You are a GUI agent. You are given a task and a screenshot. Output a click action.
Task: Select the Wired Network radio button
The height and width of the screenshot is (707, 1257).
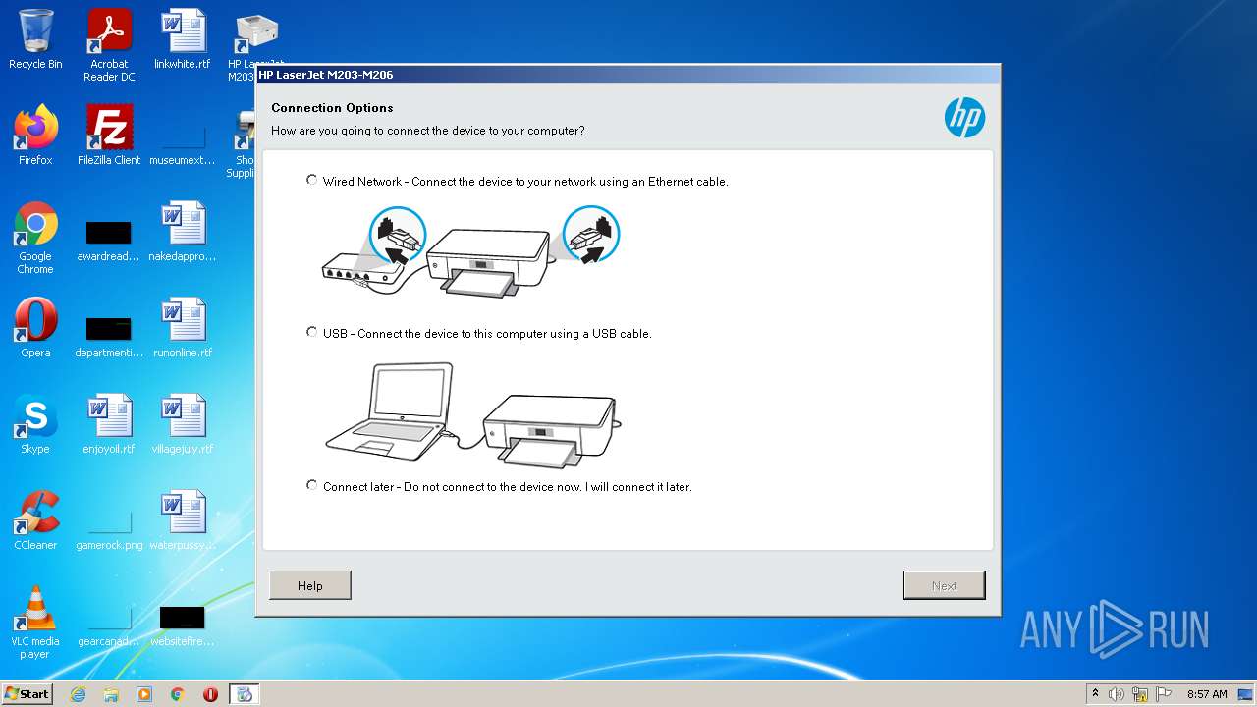(312, 180)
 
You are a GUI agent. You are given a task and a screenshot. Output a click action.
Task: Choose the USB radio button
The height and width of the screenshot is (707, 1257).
(312, 332)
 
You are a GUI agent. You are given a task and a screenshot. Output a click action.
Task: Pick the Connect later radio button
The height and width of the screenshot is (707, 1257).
(312, 485)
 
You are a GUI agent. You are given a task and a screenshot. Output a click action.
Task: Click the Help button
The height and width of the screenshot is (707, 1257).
(309, 585)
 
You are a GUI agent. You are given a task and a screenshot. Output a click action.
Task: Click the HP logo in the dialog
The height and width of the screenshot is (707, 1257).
(964, 118)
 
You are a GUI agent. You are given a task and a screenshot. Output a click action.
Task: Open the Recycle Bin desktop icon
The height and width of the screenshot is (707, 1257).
(35, 33)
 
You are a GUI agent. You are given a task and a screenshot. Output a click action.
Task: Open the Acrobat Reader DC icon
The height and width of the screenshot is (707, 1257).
(109, 33)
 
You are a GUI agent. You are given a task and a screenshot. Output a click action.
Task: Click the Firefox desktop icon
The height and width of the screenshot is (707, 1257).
(35, 129)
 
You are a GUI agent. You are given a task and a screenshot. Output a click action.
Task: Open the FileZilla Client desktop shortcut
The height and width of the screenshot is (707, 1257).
(109, 129)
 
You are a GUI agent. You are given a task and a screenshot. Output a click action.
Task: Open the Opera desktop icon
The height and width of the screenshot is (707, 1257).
(35, 320)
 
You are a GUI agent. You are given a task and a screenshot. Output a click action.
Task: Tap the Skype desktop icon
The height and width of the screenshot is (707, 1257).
(35, 416)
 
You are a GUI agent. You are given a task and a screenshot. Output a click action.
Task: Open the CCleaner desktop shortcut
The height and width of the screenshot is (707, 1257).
(35, 513)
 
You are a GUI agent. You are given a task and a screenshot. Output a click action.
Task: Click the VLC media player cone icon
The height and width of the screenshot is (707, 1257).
(35, 609)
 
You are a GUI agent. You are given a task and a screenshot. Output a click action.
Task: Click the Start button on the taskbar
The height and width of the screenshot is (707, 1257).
(27, 693)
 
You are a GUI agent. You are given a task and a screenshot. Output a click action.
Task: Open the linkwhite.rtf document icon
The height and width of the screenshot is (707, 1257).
(183, 33)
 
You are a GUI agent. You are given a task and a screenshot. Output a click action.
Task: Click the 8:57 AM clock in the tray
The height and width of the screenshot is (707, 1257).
(1207, 694)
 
